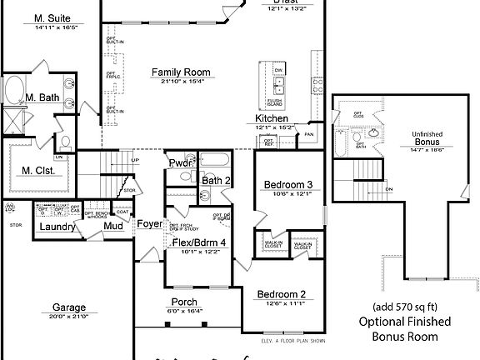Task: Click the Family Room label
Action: tap(180, 72)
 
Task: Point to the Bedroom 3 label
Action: tap(288, 184)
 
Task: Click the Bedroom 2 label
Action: tap(281, 294)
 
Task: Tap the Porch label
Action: tap(184, 302)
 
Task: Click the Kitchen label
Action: tap(272, 119)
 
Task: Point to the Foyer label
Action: tap(150, 224)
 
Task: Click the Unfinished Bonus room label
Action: tap(427, 138)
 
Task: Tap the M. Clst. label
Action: tap(39, 172)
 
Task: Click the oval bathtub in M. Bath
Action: tap(15, 88)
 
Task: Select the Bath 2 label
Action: tap(216, 180)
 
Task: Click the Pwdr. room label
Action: tap(181, 163)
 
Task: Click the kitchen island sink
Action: tap(281, 86)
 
